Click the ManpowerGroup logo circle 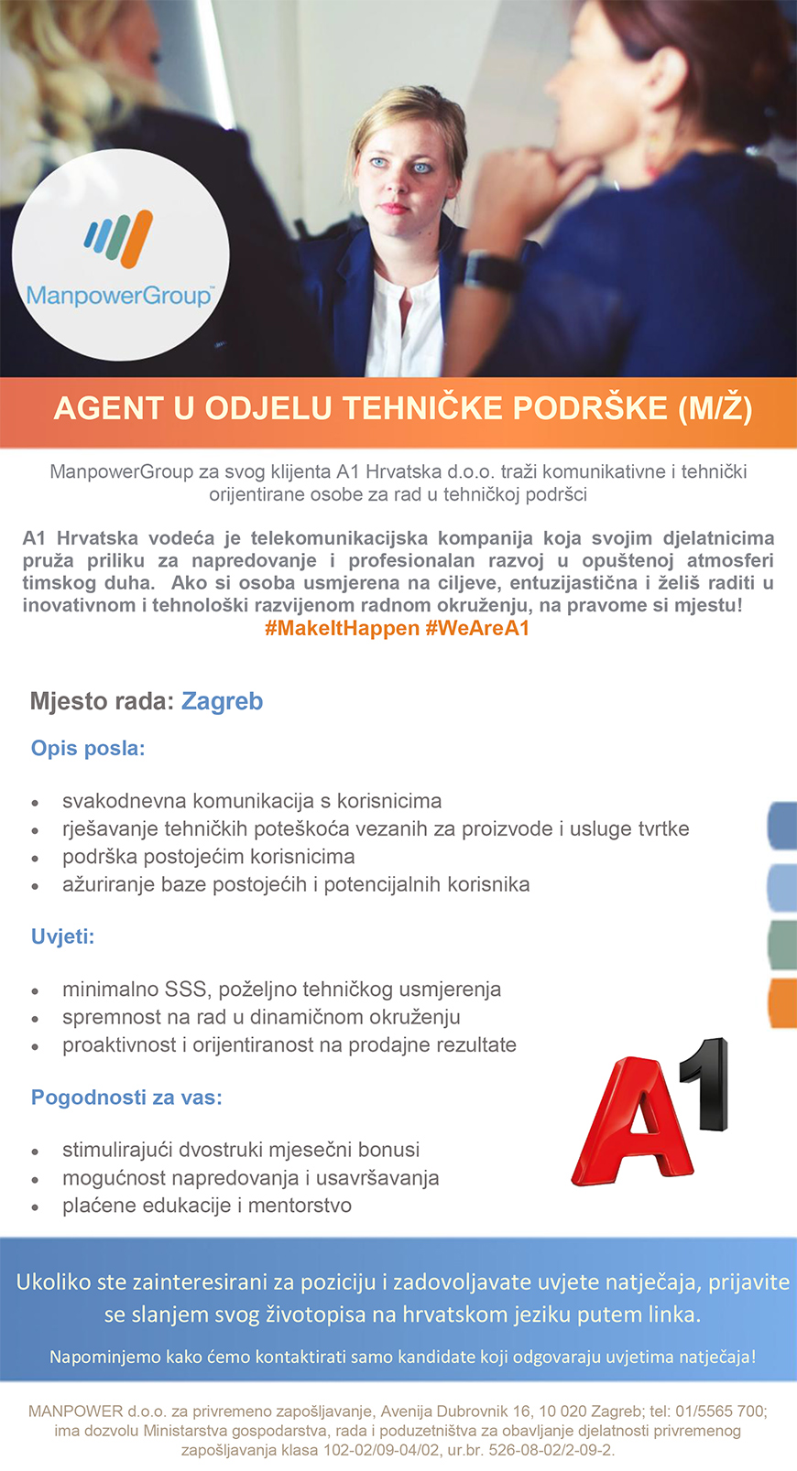120,254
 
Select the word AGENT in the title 109,408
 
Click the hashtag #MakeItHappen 342,629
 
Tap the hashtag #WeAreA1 477,629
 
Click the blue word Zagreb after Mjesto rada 222,702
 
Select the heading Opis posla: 88,749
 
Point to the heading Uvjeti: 62,937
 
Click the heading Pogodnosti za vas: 126,1098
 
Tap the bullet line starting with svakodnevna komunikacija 251,802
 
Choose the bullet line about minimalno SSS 281,990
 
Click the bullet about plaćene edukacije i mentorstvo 206,1206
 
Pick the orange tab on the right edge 782,1002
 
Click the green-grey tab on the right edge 782,945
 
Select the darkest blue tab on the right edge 782,826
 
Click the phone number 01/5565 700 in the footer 706,1412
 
